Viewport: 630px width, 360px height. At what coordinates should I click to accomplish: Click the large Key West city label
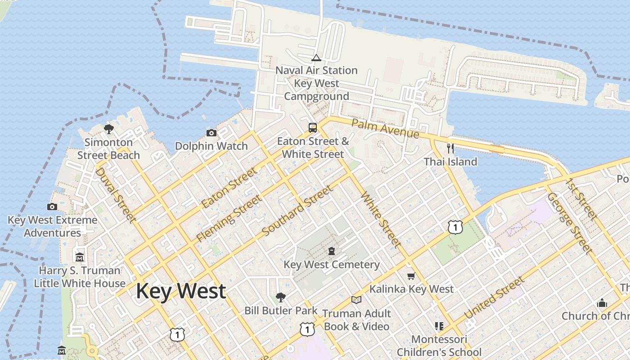180,291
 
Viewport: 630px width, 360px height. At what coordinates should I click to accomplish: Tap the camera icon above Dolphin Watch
211,133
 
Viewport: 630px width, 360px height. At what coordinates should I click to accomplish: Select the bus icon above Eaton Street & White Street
313,127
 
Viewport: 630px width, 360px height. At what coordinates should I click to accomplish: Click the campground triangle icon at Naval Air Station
316,58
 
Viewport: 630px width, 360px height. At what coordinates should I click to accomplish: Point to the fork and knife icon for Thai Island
450,148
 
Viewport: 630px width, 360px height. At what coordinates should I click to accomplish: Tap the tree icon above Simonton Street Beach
108,129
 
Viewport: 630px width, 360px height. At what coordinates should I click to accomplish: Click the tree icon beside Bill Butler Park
281,297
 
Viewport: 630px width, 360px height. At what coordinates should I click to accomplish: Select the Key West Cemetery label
331,265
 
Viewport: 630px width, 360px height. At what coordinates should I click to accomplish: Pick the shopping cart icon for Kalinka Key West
411,276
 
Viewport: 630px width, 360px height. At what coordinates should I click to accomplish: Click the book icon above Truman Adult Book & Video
356,300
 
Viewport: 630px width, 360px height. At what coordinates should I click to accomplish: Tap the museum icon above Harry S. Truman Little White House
80,257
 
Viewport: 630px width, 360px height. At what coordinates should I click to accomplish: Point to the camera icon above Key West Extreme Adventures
52,207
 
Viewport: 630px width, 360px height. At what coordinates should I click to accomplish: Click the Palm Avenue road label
385,129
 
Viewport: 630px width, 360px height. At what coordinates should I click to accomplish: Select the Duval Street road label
116,195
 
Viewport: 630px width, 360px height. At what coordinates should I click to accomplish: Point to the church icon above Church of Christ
602,303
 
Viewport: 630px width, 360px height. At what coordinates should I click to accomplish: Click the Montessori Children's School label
439,345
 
